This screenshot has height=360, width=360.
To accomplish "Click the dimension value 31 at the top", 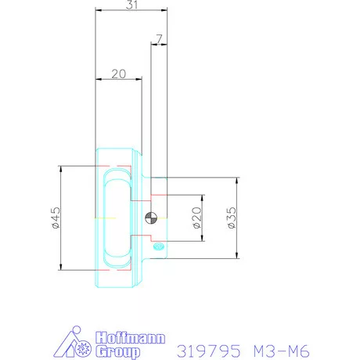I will [x=132, y=5].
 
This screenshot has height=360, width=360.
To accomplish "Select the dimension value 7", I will [x=159, y=37].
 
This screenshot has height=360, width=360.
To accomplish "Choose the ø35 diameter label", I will [x=232, y=218].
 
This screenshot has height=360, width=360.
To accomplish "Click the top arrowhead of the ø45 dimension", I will [x=59, y=167].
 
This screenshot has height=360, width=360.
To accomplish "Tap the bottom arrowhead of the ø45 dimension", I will [x=59, y=269].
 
